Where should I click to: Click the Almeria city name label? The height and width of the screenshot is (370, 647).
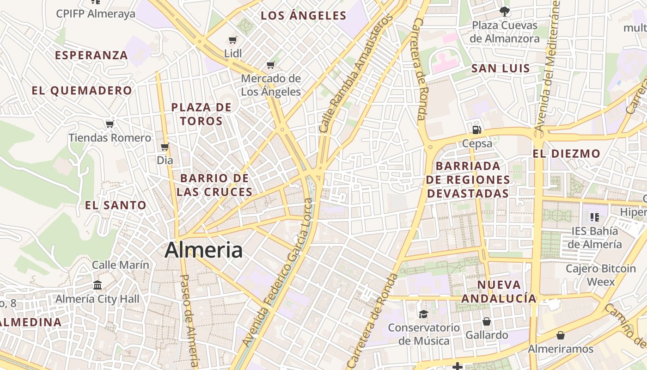click(203, 250)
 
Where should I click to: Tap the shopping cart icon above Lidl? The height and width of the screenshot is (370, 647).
click(233, 40)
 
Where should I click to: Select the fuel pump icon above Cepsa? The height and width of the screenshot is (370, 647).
click(477, 130)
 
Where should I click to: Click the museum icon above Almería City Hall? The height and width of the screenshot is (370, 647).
click(98, 285)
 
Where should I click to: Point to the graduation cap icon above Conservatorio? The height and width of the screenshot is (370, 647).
click(423, 314)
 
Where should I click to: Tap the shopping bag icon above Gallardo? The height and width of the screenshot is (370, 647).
click(486, 321)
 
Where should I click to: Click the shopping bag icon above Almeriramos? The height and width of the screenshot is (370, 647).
click(561, 335)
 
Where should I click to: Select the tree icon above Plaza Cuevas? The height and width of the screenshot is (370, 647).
click(505, 11)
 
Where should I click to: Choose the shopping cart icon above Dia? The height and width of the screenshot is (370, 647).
click(165, 147)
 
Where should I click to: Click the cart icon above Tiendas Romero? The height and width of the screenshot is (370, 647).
click(110, 124)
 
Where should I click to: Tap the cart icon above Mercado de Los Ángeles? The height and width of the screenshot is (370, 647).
click(271, 65)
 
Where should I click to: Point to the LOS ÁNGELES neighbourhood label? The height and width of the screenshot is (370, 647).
click(304, 16)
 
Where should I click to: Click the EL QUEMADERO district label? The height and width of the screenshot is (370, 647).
click(82, 91)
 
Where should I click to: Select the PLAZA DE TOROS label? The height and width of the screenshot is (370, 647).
click(201, 114)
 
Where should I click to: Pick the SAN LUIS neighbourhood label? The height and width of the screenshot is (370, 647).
click(501, 69)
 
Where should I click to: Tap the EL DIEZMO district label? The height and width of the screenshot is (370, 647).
click(566, 154)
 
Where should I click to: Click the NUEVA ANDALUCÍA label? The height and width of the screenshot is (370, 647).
click(499, 291)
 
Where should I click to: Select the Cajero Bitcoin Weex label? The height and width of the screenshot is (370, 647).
click(601, 275)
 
